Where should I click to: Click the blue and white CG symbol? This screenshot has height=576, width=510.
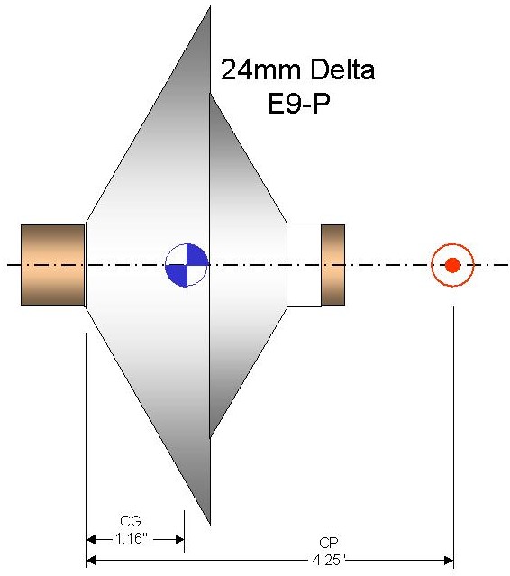coord(187,265)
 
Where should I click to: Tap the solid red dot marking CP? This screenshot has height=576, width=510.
coord(452,265)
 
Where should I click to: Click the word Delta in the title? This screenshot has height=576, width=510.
coord(337,69)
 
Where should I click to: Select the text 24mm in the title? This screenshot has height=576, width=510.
coord(258,69)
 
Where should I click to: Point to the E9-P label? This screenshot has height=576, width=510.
coord(299,104)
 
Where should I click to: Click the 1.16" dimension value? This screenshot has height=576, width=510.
coord(131,538)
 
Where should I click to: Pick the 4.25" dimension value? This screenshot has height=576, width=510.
coord(329,560)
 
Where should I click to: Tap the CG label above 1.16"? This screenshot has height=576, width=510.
coord(131,521)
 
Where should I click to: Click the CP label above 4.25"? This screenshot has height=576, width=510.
coord(329,543)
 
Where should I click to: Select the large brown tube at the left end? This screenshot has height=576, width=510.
coord(53,265)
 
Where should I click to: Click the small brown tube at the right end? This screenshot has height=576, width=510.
coord(333,265)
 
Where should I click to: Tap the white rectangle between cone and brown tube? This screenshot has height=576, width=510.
coord(304,265)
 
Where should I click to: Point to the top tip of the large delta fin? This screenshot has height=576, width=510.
coord(210,6)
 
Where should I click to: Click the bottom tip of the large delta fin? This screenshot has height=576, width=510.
coord(210,525)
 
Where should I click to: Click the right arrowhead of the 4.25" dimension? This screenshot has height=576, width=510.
coord(449,561)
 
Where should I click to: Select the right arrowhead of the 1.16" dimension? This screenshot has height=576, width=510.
coord(179,540)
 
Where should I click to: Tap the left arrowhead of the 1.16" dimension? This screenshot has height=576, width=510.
coord(91,540)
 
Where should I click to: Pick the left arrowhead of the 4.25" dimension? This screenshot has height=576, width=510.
coord(91,561)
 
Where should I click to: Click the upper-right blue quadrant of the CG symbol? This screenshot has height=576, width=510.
coord(197,254)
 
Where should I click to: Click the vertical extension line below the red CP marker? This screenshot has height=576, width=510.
coord(454,437)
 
